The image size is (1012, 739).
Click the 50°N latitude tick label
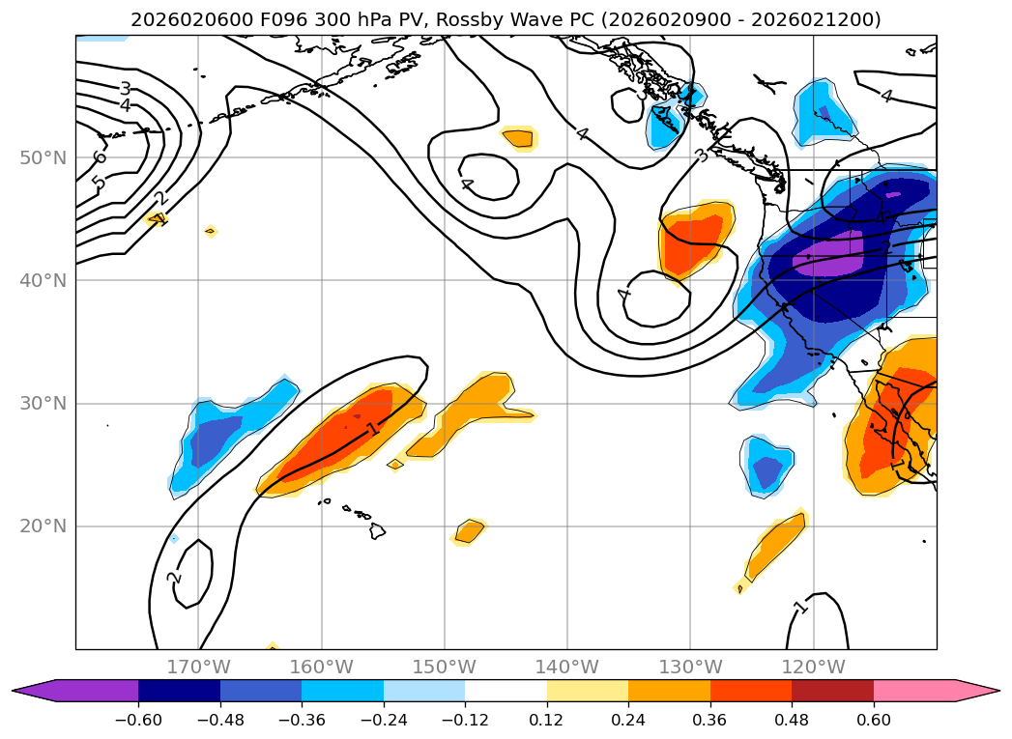[43, 157]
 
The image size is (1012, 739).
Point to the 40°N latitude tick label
[43, 280]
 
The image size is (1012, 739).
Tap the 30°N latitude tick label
[43, 403]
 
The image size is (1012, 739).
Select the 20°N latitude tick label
[43, 526]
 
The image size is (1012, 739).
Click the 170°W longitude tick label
[198, 667]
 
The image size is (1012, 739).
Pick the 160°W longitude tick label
[321, 667]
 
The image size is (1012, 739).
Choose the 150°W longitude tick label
[445, 667]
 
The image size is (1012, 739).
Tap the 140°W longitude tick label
[567, 667]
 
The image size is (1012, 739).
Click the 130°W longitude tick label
[690, 667]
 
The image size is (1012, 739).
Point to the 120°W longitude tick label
[813, 667]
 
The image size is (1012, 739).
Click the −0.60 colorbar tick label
[138, 722]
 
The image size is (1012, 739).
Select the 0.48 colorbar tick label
[792, 722]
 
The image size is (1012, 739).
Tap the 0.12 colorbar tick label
[547, 722]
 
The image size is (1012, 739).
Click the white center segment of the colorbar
[506, 690]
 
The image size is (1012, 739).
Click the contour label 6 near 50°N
[99, 157]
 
